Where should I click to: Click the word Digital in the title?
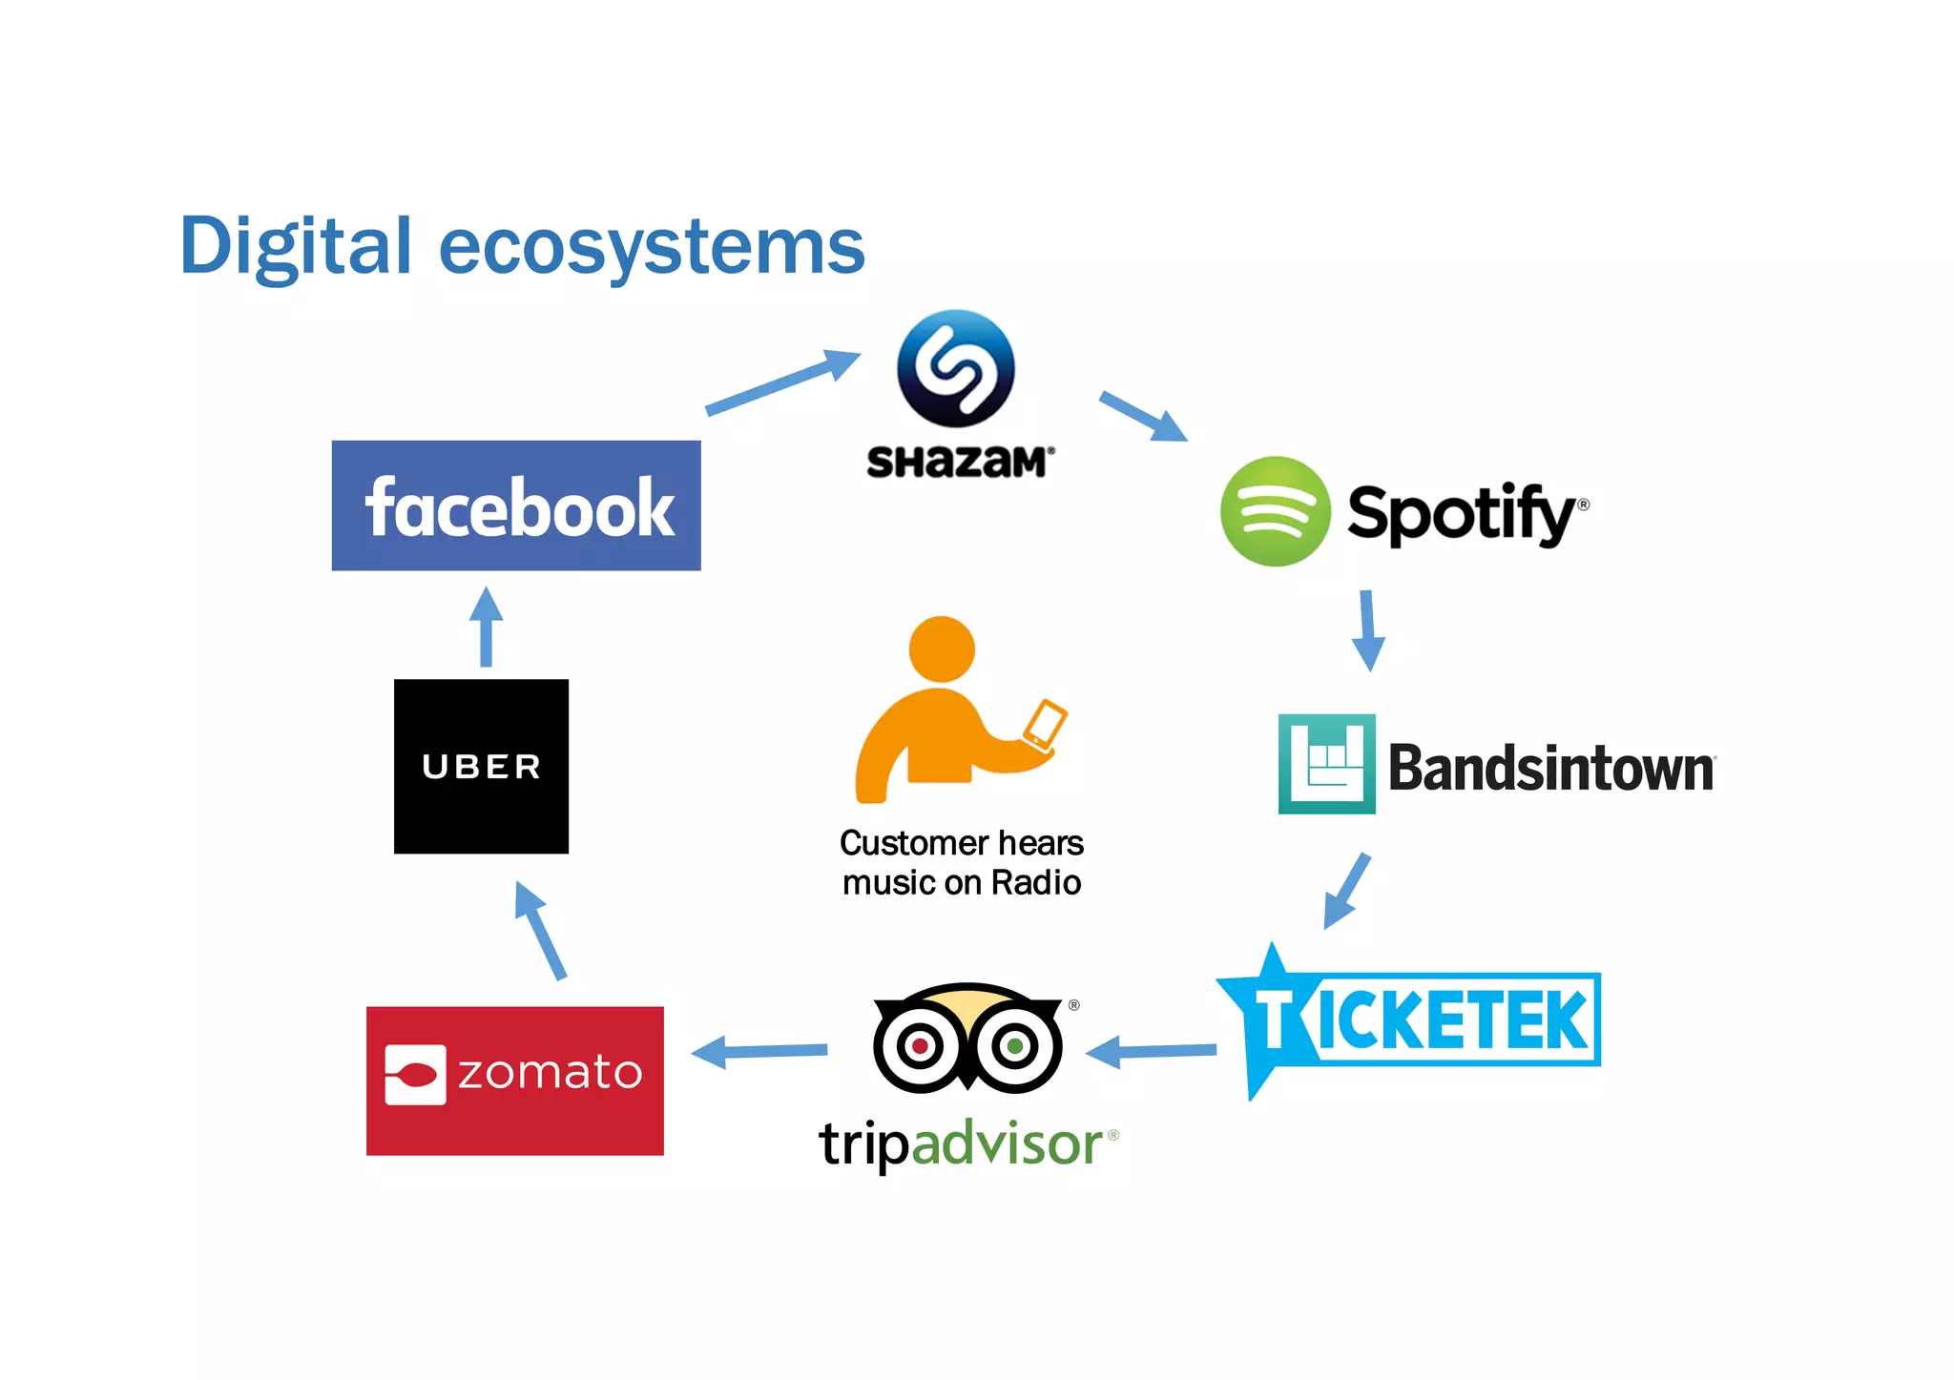coord(296,246)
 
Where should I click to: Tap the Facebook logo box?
coord(516,505)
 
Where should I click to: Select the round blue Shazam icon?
coord(956,368)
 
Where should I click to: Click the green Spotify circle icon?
coord(1275,511)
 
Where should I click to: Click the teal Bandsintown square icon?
coord(1326,763)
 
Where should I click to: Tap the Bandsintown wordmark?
coord(1550,768)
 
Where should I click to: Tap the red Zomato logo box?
coord(515,1081)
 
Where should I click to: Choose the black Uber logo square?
coord(481,766)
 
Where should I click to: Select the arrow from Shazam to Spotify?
coord(1143,416)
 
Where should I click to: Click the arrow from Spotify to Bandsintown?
coord(1368,629)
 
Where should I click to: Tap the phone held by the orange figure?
coord(1045,725)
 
